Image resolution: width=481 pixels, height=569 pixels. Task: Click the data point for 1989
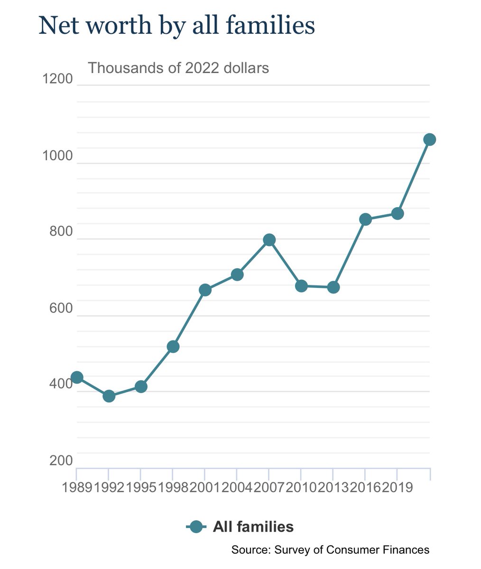(x=77, y=377)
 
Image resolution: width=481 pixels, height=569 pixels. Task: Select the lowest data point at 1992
(x=109, y=396)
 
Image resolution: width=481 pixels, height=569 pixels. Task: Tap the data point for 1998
(x=173, y=347)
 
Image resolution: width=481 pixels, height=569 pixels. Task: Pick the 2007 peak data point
(x=269, y=240)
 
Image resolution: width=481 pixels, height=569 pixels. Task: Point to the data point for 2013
(x=333, y=287)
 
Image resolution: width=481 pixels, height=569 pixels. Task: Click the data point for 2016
(x=365, y=219)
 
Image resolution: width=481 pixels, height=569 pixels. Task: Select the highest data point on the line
(x=429, y=139)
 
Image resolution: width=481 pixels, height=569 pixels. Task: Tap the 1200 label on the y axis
(x=57, y=79)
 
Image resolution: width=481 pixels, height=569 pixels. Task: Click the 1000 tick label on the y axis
(x=57, y=156)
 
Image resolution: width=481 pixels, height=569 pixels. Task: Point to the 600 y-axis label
(x=61, y=308)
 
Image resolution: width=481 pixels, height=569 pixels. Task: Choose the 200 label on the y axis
(x=61, y=461)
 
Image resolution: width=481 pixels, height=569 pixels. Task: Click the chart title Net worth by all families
(x=176, y=26)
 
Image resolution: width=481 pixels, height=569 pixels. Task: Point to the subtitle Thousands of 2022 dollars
(x=178, y=68)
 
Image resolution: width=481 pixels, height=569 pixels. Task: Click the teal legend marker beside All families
(x=196, y=527)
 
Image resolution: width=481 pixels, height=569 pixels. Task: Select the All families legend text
(x=253, y=527)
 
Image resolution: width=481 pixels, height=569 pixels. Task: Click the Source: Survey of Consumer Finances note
(x=330, y=550)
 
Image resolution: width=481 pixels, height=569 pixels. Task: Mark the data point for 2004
(x=237, y=275)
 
